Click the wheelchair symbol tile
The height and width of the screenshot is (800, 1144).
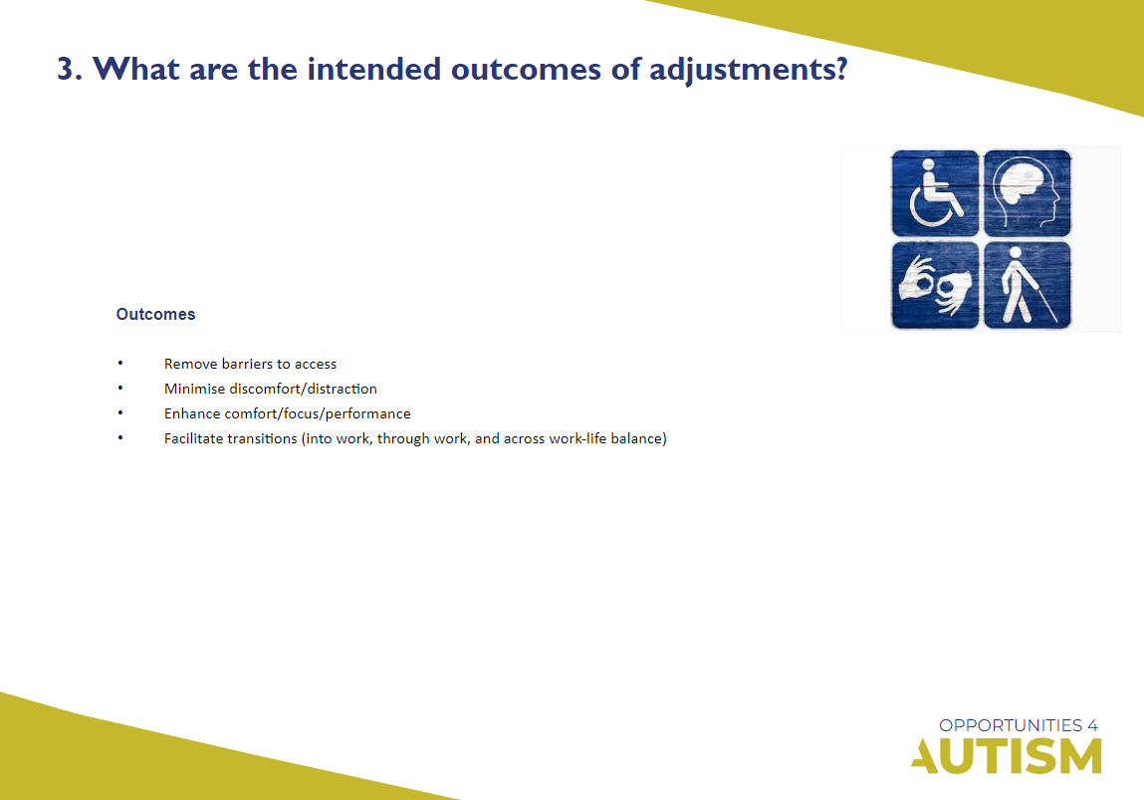click(935, 192)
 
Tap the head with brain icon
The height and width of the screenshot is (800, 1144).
click(1028, 192)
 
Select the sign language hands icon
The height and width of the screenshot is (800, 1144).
click(935, 285)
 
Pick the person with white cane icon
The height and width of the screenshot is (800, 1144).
click(1027, 285)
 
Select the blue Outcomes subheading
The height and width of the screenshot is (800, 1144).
click(155, 314)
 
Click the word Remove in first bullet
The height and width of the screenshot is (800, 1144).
click(188, 364)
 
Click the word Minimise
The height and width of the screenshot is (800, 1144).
click(194, 389)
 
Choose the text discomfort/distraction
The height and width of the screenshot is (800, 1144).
click(304, 389)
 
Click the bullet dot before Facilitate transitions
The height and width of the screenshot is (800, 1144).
click(119, 437)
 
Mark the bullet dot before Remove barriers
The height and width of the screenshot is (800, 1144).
click(119, 363)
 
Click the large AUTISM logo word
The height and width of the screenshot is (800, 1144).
click(1007, 756)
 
